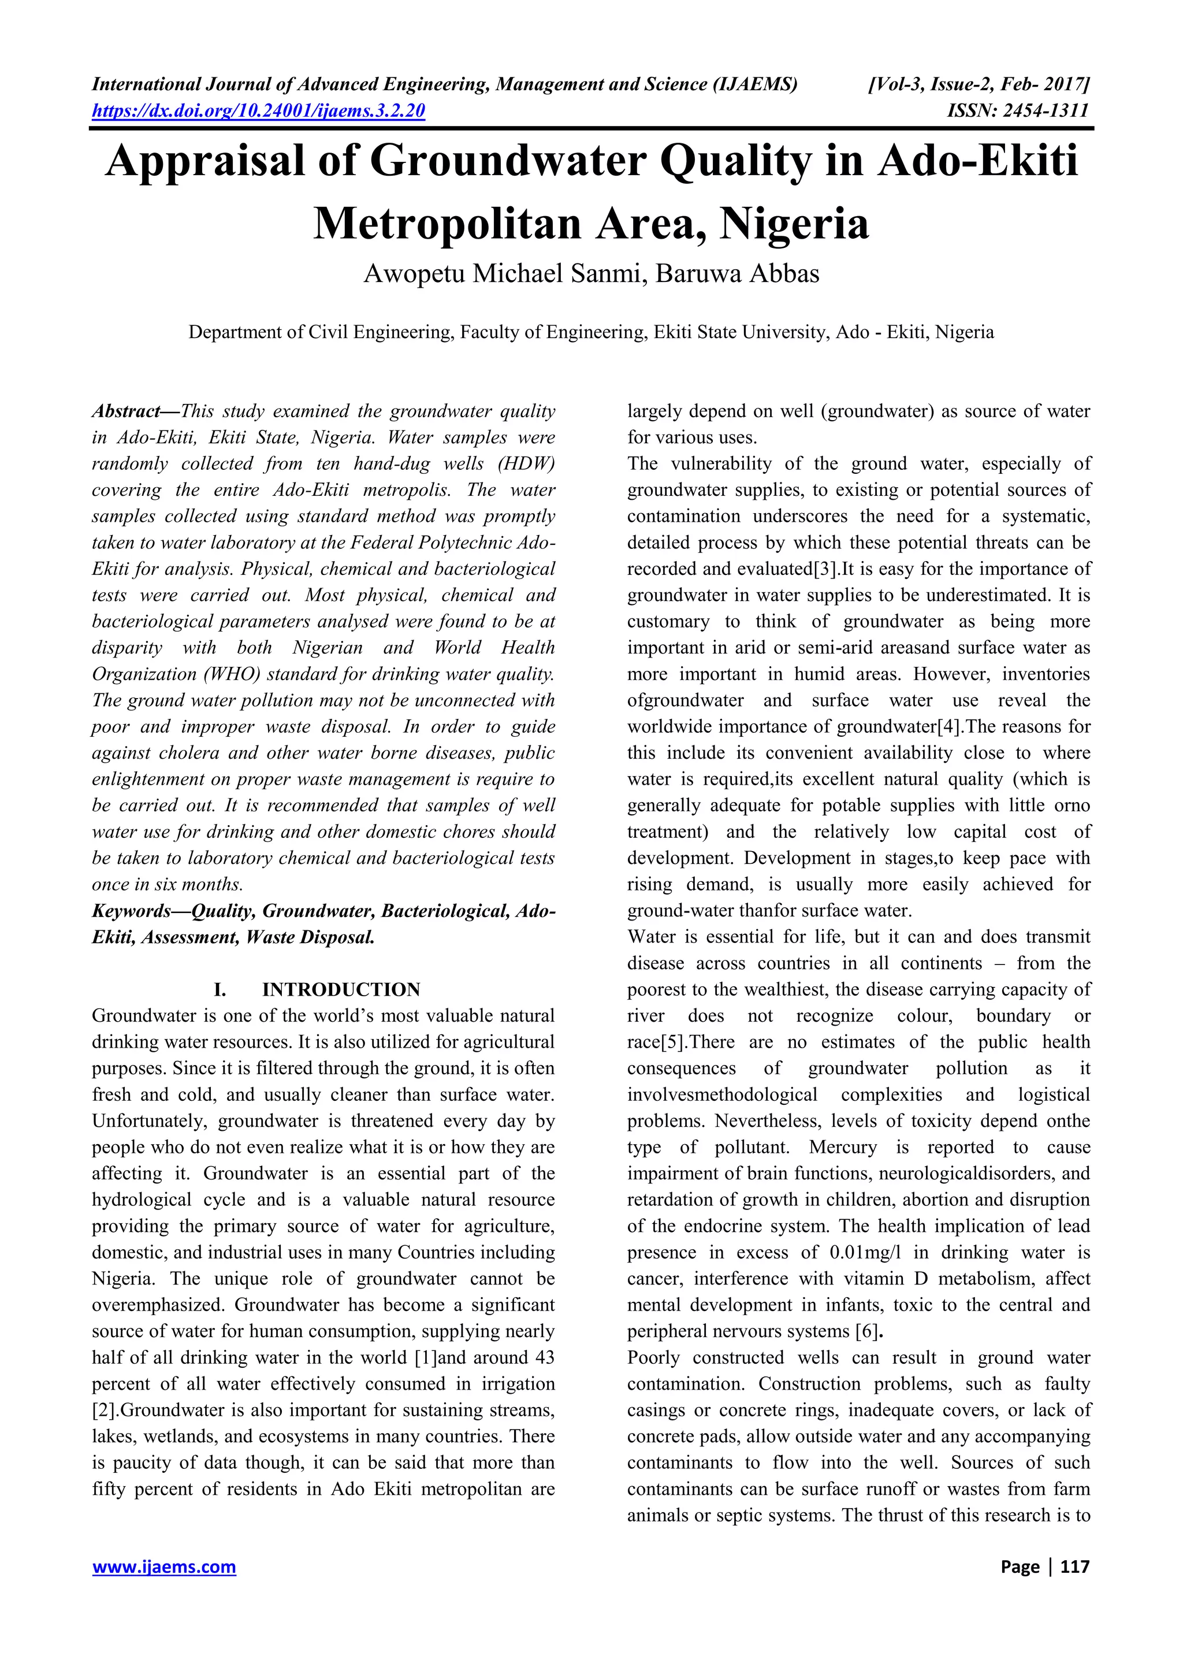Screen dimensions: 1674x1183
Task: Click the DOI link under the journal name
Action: click(258, 111)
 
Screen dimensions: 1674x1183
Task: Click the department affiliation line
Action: click(591, 332)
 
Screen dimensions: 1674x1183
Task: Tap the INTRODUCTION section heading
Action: click(340, 989)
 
